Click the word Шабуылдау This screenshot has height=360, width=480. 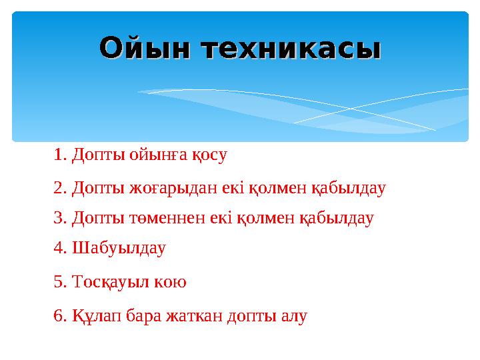click(x=118, y=249)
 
